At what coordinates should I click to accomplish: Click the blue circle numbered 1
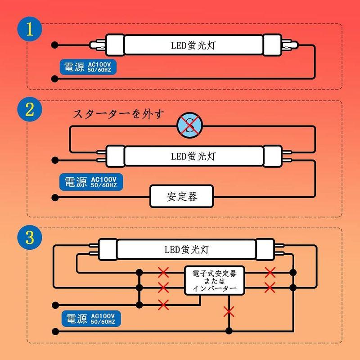pos(30,29)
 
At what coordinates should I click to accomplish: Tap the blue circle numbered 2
pos(30,109)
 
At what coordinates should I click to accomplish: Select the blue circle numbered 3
pos(30,237)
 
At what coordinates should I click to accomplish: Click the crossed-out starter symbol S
pos(189,126)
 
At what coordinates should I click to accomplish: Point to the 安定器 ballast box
pos(182,197)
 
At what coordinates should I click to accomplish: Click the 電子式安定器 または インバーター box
pos(215,280)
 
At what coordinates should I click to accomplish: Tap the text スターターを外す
pos(119,114)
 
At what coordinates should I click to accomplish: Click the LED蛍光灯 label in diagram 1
pos(193,45)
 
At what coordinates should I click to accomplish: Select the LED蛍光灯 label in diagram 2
pos(193,156)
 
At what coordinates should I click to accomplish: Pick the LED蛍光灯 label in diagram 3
pos(187,249)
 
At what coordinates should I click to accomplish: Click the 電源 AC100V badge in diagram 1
pos(88,67)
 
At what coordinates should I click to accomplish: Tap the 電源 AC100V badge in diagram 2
pos(91,182)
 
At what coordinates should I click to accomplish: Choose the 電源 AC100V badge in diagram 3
pos(91,319)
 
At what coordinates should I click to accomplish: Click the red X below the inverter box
pos(229,312)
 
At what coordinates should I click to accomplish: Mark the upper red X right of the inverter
pos(270,273)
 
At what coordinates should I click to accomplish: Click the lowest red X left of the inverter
pos(163,305)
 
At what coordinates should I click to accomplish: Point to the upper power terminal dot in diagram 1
pos(54,45)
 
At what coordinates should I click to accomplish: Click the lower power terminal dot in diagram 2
pos(55,198)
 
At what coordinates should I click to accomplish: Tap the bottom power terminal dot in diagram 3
pos(55,331)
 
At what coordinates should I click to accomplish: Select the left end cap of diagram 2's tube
pos(116,156)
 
